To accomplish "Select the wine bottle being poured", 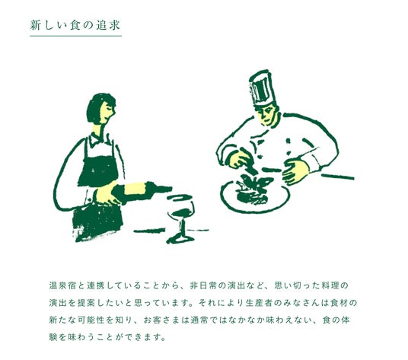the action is [142, 191].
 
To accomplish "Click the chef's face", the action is [267, 113].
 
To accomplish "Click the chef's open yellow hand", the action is [295, 172].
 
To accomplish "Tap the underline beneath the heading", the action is [75, 36].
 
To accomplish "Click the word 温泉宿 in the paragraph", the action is [62, 285].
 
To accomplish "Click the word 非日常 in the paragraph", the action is [203, 285].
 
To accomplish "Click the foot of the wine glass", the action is [181, 239].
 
